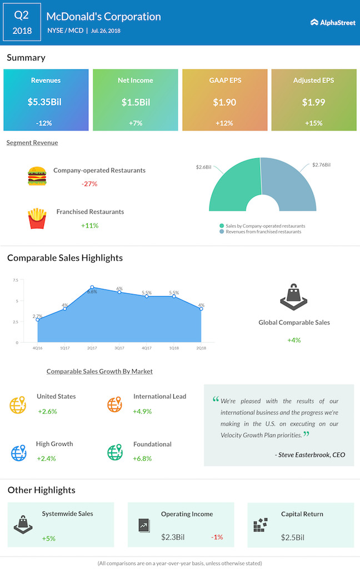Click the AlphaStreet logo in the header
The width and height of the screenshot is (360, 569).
point(333,22)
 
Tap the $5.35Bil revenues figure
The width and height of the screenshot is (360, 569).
point(44,102)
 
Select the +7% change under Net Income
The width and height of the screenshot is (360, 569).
point(136,123)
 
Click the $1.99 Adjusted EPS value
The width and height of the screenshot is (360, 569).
point(313,102)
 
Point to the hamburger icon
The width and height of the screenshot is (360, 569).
point(37,176)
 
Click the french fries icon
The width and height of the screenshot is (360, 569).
point(37,218)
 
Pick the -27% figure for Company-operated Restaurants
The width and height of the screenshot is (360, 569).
point(89,184)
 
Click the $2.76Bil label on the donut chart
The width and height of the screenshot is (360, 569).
point(321,164)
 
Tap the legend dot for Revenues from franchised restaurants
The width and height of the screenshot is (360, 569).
point(222,232)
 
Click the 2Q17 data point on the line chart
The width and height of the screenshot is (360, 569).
point(92,287)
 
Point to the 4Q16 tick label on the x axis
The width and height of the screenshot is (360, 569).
point(37,348)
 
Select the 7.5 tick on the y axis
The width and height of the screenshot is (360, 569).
point(15,280)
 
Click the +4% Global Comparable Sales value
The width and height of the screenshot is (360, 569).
point(294,340)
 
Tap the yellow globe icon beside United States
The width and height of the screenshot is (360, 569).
point(18,405)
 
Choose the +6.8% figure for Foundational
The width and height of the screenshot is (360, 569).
point(142,458)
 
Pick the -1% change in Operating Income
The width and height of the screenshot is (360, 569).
point(217,537)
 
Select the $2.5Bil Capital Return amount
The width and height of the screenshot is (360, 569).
point(292,537)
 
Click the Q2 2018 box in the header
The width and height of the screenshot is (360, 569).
point(22,22)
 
